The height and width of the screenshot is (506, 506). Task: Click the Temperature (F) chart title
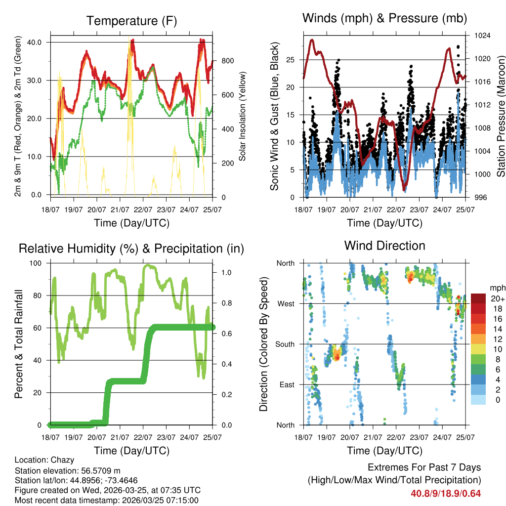click(131, 21)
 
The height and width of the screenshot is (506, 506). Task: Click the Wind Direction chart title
click(384, 245)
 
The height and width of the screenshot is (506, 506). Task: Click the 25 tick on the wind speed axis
click(290, 60)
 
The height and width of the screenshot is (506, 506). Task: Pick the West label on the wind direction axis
click(286, 303)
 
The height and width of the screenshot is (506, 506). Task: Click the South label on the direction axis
click(285, 344)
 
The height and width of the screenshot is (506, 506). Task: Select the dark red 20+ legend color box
click(478, 298)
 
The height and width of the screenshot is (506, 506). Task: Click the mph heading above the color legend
click(496, 288)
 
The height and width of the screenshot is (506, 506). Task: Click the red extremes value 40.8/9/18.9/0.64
click(446, 493)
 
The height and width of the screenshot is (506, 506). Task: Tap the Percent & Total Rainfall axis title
click(19, 344)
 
